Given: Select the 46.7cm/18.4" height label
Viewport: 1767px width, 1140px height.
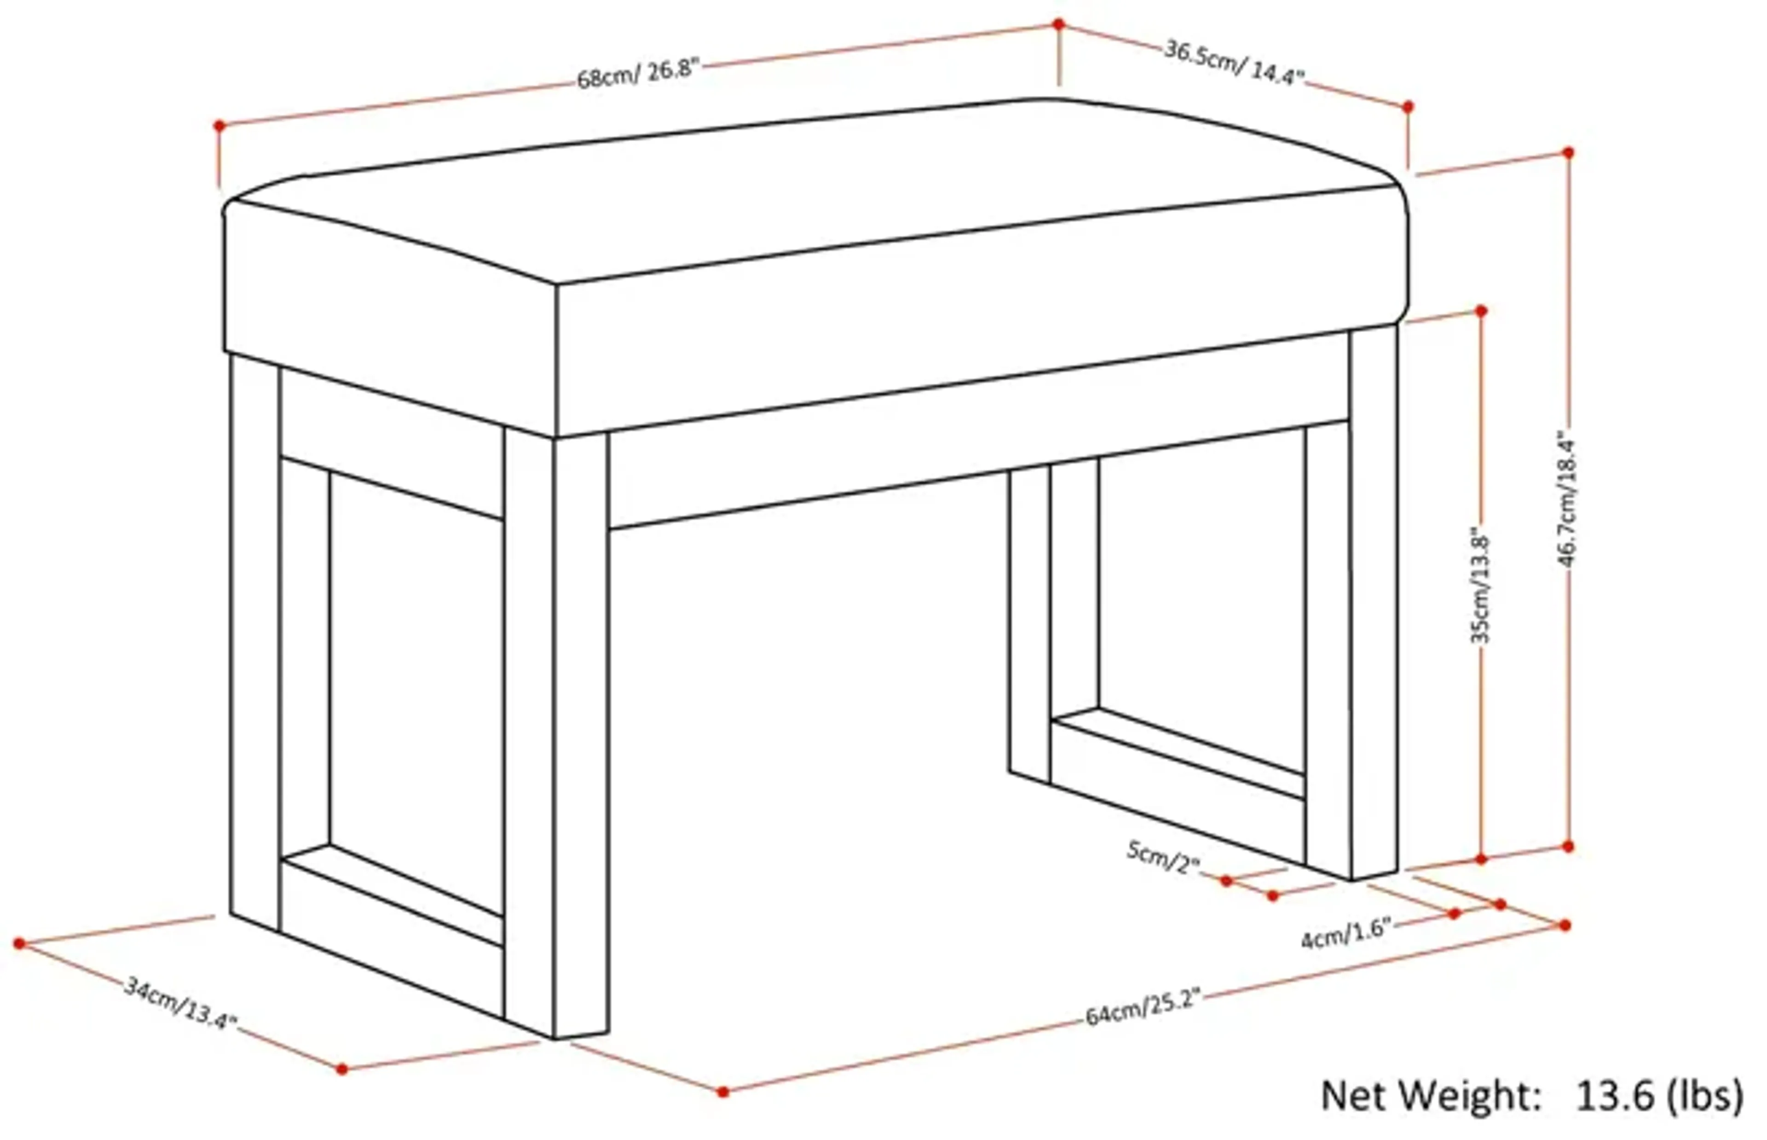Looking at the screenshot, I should point(1567,503).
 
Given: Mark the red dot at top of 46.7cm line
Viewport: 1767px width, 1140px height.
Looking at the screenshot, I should point(1568,152).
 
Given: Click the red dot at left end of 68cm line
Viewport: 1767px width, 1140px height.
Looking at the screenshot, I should point(219,126).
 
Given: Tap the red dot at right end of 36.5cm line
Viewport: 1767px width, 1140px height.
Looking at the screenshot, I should point(1408,107).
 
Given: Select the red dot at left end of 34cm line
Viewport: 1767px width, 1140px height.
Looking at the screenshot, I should point(19,943).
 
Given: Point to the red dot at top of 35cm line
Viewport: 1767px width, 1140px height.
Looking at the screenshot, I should point(1481,311).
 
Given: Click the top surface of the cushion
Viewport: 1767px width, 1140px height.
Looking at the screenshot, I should point(814,192).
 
